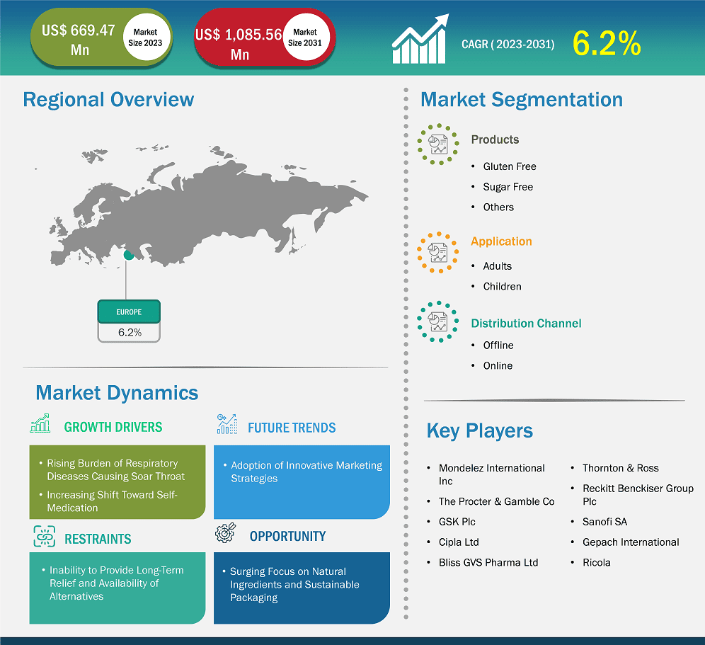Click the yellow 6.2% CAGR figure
pos(606,44)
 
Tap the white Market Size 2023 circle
pos(144,38)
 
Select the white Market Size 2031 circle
pos(305,38)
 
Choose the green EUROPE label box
pos(129,312)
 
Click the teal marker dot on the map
pos(128,255)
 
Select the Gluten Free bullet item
pos(510,166)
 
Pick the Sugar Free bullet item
pos(508,187)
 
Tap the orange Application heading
pos(501,241)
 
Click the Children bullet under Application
pos(502,287)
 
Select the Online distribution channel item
pos(498,366)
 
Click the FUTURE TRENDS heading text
pos(292,428)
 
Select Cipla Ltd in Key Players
pos(459,542)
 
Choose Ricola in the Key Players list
pos(596,563)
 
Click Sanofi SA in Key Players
pos(604,522)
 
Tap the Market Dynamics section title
pos(117,393)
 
